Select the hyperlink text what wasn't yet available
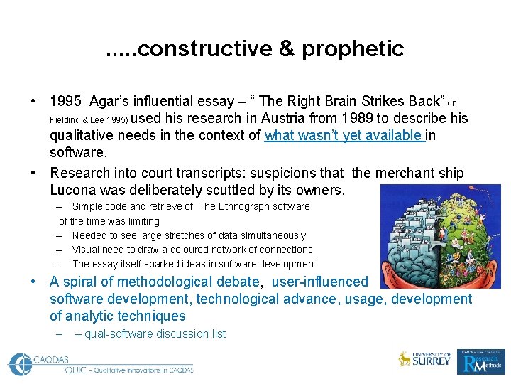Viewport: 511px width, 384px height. coord(344,136)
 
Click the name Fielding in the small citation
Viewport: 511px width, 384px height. coord(67,119)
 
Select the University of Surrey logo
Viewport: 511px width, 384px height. coord(424,359)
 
